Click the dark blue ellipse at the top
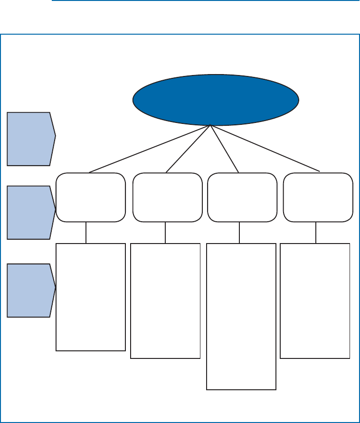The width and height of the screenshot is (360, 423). (x=216, y=100)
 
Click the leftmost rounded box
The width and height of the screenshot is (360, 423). (x=91, y=197)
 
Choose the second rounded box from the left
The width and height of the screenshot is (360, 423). (x=167, y=197)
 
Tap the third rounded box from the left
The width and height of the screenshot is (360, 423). (x=242, y=197)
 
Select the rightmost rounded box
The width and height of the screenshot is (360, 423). (x=318, y=197)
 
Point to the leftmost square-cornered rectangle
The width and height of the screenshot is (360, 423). (x=91, y=297)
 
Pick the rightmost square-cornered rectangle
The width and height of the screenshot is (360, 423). (x=315, y=301)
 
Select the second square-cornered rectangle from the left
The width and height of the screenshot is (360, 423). (x=165, y=301)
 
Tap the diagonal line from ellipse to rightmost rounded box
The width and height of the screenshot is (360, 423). (x=265, y=148)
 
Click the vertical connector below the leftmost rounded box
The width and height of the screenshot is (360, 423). (x=86, y=233)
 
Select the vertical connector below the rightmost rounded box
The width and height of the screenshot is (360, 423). (x=316, y=233)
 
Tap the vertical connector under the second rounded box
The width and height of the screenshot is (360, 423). (x=165, y=233)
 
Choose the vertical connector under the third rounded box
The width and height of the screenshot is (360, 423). (x=239, y=233)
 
